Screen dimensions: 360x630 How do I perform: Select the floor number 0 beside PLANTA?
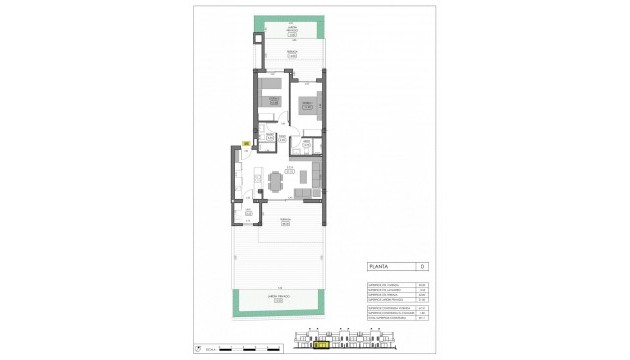[422, 267]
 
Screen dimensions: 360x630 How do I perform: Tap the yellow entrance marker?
[245, 145]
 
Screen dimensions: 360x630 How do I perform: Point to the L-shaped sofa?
[314, 177]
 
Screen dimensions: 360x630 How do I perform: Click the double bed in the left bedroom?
[267, 97]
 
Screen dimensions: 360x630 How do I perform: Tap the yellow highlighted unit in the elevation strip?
[321, 349]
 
